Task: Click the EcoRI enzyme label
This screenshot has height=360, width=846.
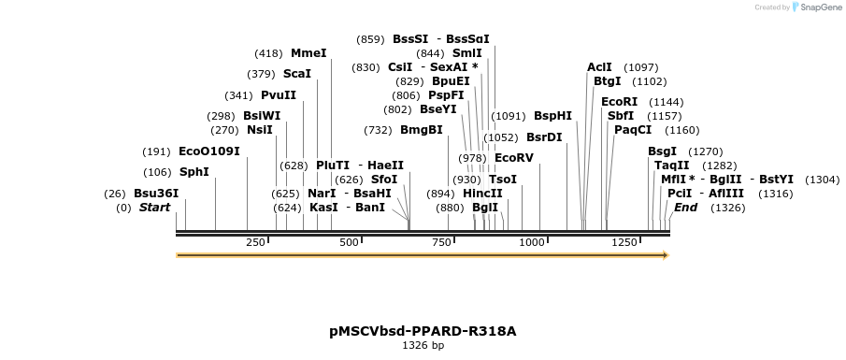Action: click(619, 101)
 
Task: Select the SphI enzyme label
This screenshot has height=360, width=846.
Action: click(194, 171)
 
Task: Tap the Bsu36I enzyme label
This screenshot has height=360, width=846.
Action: click(156, 194)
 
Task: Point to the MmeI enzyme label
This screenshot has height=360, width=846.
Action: click(308, 52)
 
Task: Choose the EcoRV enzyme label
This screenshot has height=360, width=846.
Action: click(513, 157)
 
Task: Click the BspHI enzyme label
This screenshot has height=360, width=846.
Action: click(552, 116)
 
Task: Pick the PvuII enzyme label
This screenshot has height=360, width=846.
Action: click(279, 95)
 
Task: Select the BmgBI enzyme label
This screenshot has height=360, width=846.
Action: click(422, 129)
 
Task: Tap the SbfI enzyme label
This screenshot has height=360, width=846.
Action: click(621, 115)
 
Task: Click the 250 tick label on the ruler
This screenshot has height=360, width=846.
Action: click(255, 242)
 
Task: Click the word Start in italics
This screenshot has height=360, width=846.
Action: click(155, 208)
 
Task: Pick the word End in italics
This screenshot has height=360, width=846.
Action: click(685, 207)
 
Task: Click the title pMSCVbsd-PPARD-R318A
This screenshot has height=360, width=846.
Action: click(423, 331)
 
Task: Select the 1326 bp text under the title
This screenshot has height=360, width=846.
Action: click(423, 346)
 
